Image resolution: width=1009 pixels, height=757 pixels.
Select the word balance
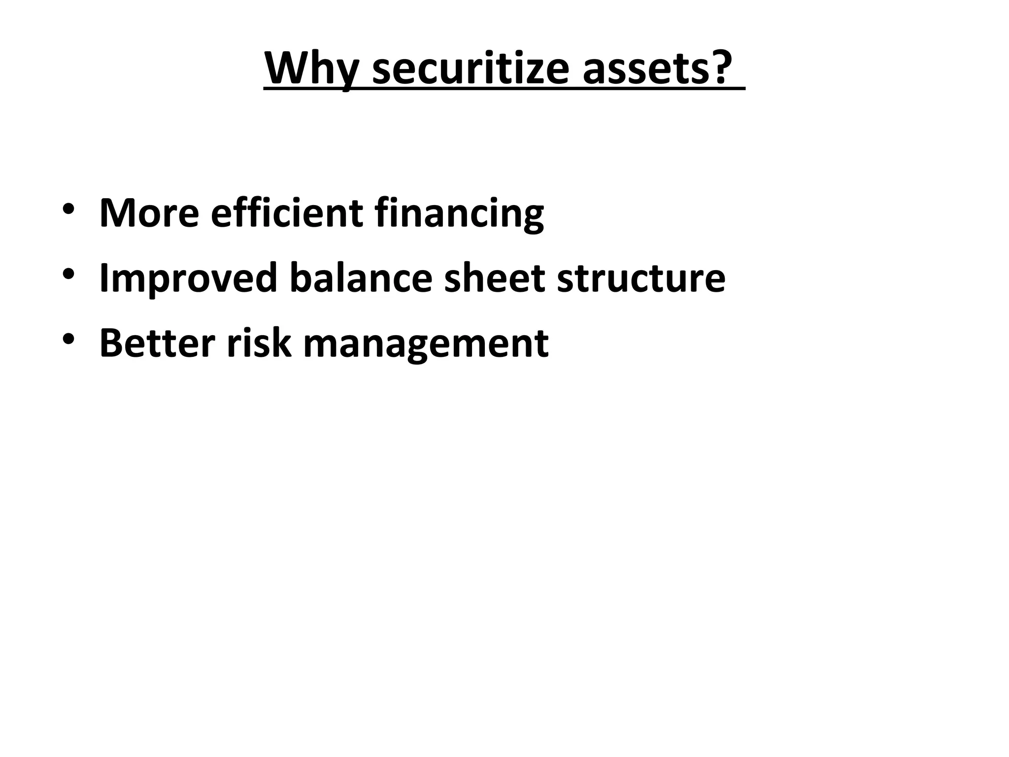(x=361, y=278)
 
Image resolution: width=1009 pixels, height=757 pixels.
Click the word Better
(x=157, y=343)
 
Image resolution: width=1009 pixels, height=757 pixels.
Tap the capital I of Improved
(x=103, y=278)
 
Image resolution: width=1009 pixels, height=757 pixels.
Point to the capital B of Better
(x=112, y=343)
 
